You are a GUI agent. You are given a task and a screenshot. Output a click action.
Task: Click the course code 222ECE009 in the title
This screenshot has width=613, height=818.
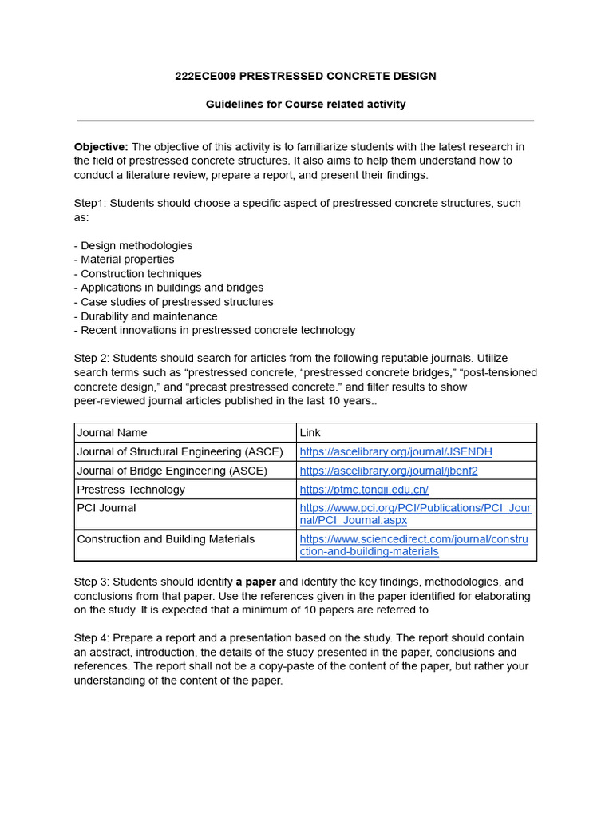point(205,77)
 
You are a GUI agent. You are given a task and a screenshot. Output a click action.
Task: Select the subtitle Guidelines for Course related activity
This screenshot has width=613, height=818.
point(306,105)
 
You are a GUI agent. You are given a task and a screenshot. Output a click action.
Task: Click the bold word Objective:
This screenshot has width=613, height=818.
point(101,147)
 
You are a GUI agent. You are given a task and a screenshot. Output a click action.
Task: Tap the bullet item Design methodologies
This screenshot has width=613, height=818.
point(136,246)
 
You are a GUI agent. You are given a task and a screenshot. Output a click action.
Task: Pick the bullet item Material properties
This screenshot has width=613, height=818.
point(127,260)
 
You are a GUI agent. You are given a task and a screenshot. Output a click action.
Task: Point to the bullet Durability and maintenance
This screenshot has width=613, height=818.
point(145,316)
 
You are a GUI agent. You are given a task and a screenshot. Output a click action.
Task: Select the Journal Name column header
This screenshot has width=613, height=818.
point(112,433)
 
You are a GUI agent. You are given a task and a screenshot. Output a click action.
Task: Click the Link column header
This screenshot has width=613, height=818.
point(310,433)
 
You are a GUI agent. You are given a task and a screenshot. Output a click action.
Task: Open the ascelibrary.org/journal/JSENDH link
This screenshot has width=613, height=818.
point(396,452)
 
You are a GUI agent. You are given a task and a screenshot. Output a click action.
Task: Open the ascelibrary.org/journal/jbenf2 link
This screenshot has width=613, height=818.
point(389,471)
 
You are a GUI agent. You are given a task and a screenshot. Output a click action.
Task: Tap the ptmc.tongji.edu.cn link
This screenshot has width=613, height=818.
point(364,490)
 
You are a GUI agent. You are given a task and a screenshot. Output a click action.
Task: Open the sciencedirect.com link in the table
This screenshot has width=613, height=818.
point(413,545)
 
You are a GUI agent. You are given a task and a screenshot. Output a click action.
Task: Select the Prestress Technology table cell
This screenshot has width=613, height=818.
point(131,490)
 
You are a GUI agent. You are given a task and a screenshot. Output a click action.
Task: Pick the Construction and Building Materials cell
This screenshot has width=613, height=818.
point(165,539)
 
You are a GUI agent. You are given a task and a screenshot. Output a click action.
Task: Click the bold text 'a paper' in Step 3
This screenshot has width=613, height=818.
point(255,582)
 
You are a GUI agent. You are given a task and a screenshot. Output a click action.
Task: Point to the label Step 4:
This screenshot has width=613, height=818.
point(92,638)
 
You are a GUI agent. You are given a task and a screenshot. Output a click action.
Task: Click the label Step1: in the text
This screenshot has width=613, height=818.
point(90,204)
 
